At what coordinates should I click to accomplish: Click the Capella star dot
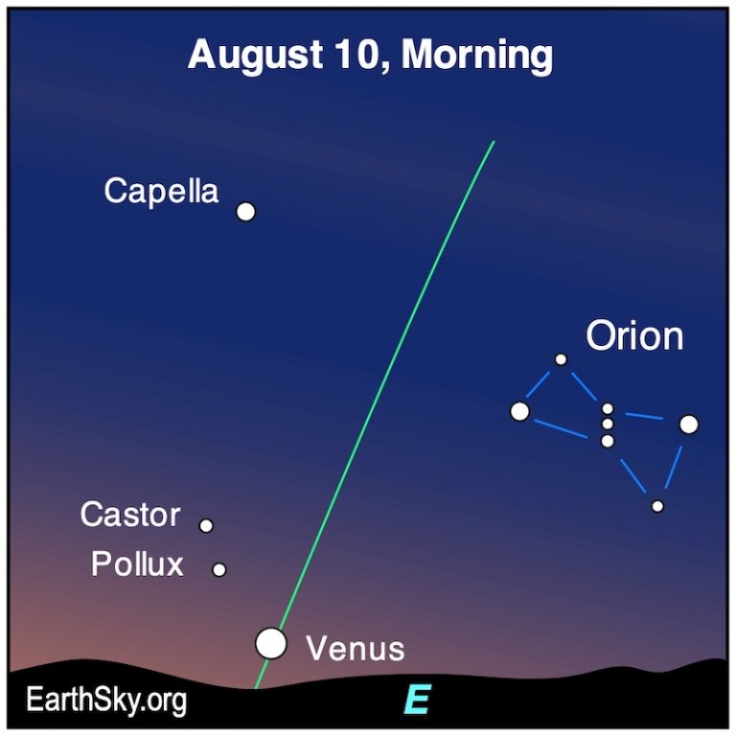[246, 212]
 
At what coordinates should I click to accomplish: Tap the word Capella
[161, 191]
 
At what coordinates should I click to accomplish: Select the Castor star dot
[206, 525]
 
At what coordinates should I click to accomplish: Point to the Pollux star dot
[219, 569]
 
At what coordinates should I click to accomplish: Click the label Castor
[129, 516]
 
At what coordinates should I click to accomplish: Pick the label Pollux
[137, 563]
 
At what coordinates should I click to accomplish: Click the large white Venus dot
[271, 643]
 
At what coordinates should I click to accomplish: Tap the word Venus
[355, 649]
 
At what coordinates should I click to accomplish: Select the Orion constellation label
[634, 336]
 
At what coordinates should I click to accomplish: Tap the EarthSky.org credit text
[106, 701]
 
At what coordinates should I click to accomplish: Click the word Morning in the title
[476, 55]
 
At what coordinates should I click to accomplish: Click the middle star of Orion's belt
[608, 424]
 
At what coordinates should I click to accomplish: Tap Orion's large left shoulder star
[519, 411]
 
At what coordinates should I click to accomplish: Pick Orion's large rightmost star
[689, 424]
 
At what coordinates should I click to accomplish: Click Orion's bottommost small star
[657, 506]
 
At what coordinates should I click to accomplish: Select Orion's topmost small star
[561, 359]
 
